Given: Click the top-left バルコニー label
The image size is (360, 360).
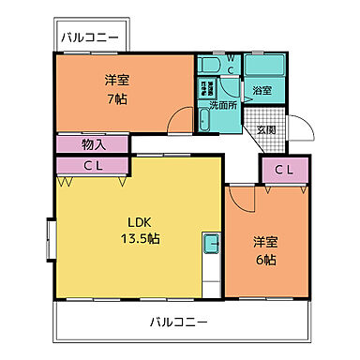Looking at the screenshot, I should pos(90,38).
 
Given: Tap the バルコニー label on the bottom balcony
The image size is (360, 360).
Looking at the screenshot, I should pos(179,322).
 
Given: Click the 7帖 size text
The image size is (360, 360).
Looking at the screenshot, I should pos(116,97).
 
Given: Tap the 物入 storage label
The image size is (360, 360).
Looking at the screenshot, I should pos(93,144).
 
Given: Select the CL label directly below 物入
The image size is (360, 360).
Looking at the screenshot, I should pos(93,166).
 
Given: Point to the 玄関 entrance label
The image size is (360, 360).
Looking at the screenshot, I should pos(267,130).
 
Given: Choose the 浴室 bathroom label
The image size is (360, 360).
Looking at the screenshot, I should pos(262,91).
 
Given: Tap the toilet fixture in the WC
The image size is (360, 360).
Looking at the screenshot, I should pos(208,65).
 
